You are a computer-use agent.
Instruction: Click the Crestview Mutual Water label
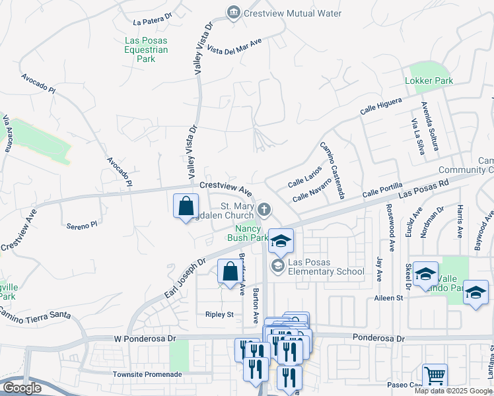click(x=293, y=13)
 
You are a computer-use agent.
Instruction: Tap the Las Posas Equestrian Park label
click(x=146, y=49)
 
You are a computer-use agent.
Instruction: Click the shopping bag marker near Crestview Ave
click(x=186, y=205)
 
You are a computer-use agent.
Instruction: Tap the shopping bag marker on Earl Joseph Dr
click(x=230, y=272)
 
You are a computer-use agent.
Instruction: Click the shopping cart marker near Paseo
click(x=435, y=376)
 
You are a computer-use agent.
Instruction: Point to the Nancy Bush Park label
click(x=248, y=232)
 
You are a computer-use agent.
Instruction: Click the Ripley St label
click(x=219, y=315)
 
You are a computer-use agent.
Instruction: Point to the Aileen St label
click(x=389, y=298)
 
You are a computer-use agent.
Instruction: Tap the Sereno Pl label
click(x=82, y=225)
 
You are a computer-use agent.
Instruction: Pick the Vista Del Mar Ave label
click(x=234, y=47)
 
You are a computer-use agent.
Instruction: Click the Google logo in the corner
click(x=22, y=388)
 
